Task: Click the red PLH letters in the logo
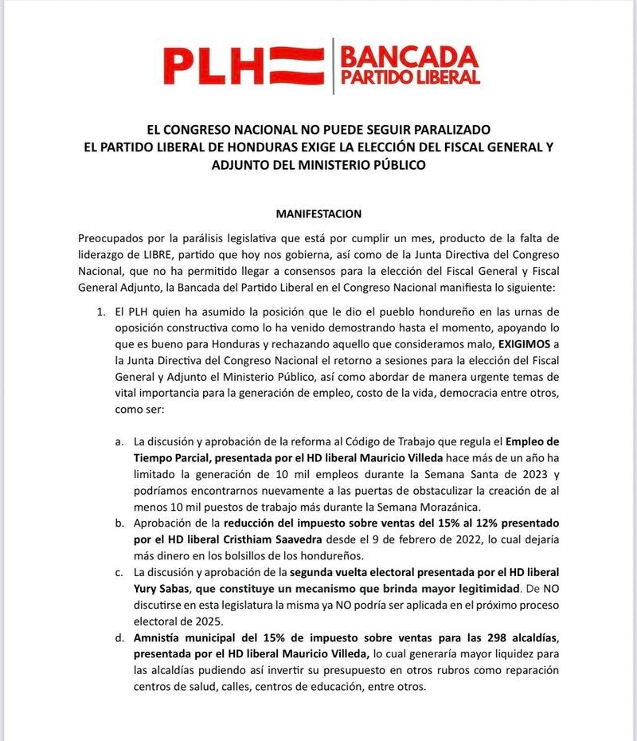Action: coord(212,65)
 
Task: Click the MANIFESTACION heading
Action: coord(318,214)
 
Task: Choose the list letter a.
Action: coord(119,441)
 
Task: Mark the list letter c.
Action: coord(119,572)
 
